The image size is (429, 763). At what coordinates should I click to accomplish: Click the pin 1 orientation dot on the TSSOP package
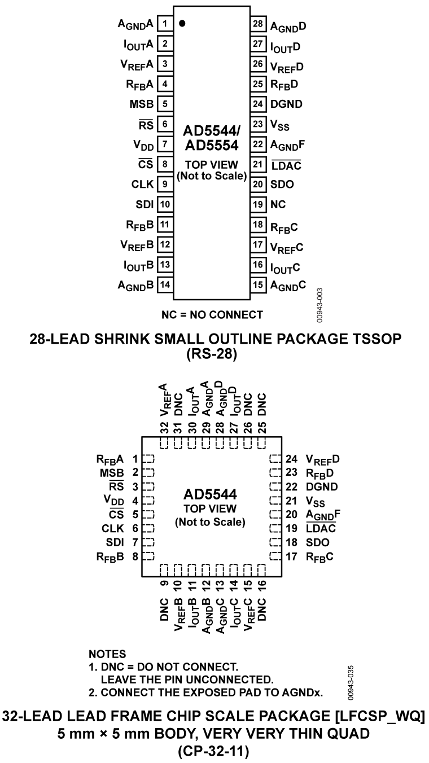[182, 24]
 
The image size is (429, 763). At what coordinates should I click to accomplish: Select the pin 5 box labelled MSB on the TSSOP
[164, 104]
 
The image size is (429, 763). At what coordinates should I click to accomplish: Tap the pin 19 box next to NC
[257, 204]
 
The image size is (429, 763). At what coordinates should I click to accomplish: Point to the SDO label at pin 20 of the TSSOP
[282, 184]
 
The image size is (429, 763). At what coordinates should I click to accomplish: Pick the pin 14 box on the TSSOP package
[164, 284]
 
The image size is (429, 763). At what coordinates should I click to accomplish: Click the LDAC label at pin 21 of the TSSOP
[286, 164]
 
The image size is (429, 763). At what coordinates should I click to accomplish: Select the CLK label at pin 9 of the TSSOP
[141, 184]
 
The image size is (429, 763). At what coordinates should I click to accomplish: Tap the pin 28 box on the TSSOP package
[257, 24]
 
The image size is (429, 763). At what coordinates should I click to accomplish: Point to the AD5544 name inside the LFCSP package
[210, 494]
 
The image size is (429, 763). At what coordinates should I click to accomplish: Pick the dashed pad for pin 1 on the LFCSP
[148, 459]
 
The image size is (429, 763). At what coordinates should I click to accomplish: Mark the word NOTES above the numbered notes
[107, 654]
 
